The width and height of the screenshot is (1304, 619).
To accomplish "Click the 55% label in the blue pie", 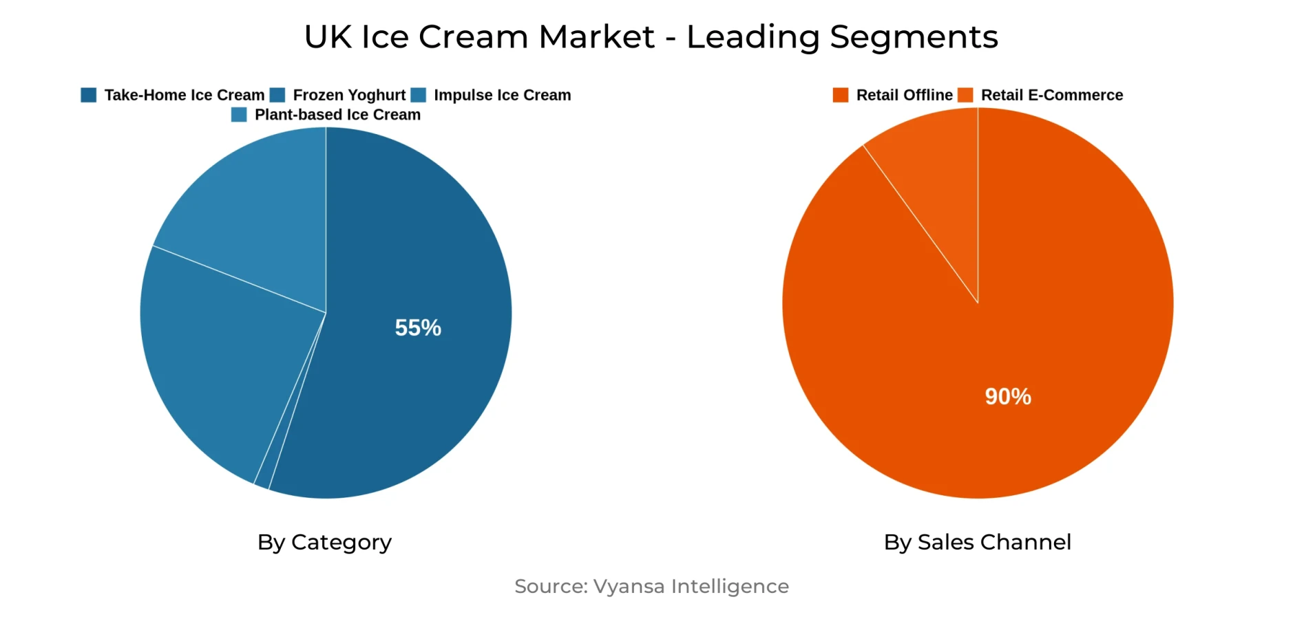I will point(418,327).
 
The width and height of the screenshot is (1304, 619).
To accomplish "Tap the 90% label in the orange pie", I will point(1008,396).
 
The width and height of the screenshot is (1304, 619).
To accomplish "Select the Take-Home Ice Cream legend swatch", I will point(89,95).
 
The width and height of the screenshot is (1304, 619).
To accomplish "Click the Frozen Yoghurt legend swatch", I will point(277,95).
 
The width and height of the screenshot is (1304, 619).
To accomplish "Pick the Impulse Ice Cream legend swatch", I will point(418,95).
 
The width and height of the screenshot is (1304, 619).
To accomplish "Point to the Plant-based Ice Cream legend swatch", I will point(239,115).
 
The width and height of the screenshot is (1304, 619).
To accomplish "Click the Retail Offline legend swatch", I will point(841,95).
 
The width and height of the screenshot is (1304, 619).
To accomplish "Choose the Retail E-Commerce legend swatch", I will point(965,95).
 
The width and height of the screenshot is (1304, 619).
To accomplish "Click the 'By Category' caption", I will point(324,542).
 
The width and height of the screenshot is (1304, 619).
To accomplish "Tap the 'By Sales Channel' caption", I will point(977,542).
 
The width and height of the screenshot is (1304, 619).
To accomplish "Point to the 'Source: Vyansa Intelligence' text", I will point(651,586).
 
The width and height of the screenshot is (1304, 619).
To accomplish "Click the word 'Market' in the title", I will point(596,37).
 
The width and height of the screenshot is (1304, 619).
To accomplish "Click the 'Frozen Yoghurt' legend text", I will point(349,95).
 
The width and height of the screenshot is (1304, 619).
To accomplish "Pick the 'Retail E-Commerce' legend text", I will point(1051,95).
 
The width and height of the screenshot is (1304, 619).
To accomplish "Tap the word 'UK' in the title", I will point(328,37).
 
